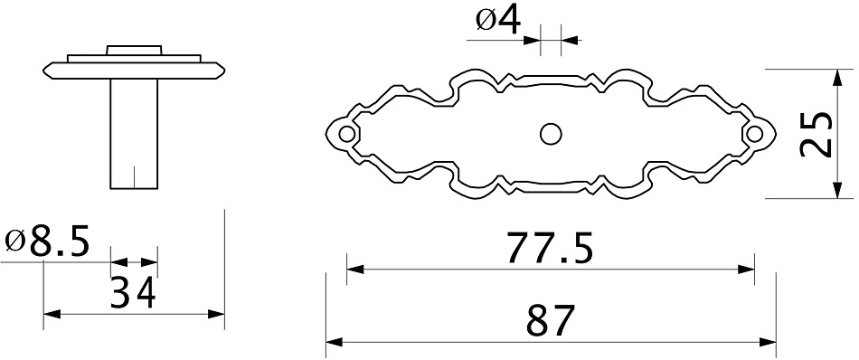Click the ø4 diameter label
[498, 22]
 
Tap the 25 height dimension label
[817, 134]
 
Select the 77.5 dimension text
[550, 248]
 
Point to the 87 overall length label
[550, 320]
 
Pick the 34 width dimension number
[133, 292]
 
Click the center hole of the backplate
[550, 134]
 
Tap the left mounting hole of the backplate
[346, 133]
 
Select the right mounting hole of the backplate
[754, 133]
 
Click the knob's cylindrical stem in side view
[134, 134]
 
